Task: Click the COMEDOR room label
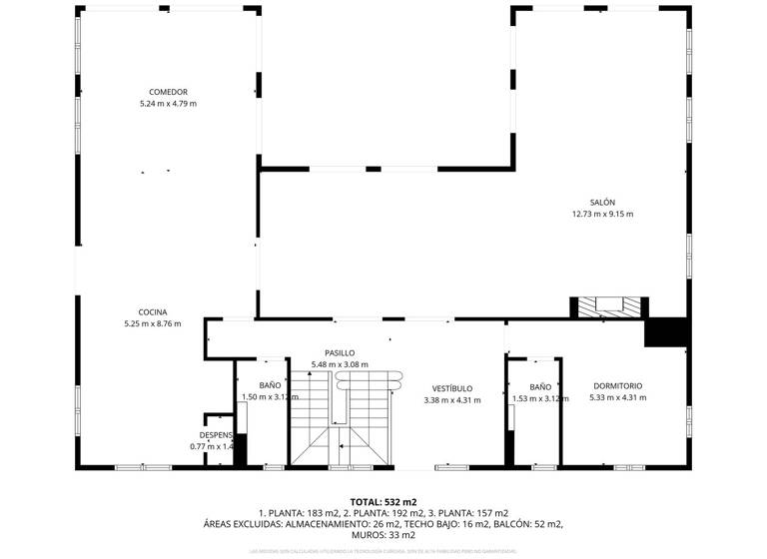coord(162,92)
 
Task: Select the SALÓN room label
coord(602,202)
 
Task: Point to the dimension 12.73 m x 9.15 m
coord(602,214)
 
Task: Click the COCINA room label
coord(153,311)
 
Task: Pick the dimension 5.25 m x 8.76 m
coord(153,323)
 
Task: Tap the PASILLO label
coord(340,353)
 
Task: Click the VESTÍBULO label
coord(452,388)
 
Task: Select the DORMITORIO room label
coord(618,386)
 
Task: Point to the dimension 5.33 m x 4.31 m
coord(618,398)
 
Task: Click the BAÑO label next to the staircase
coord(271,385)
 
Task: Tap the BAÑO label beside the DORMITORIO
coord(540,387)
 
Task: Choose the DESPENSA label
coord(217,435)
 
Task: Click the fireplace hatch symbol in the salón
coord(608,306)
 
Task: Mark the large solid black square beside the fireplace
coord(666,331)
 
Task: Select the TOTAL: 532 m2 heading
coord(383,501)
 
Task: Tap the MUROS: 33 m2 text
coord(383,535)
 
